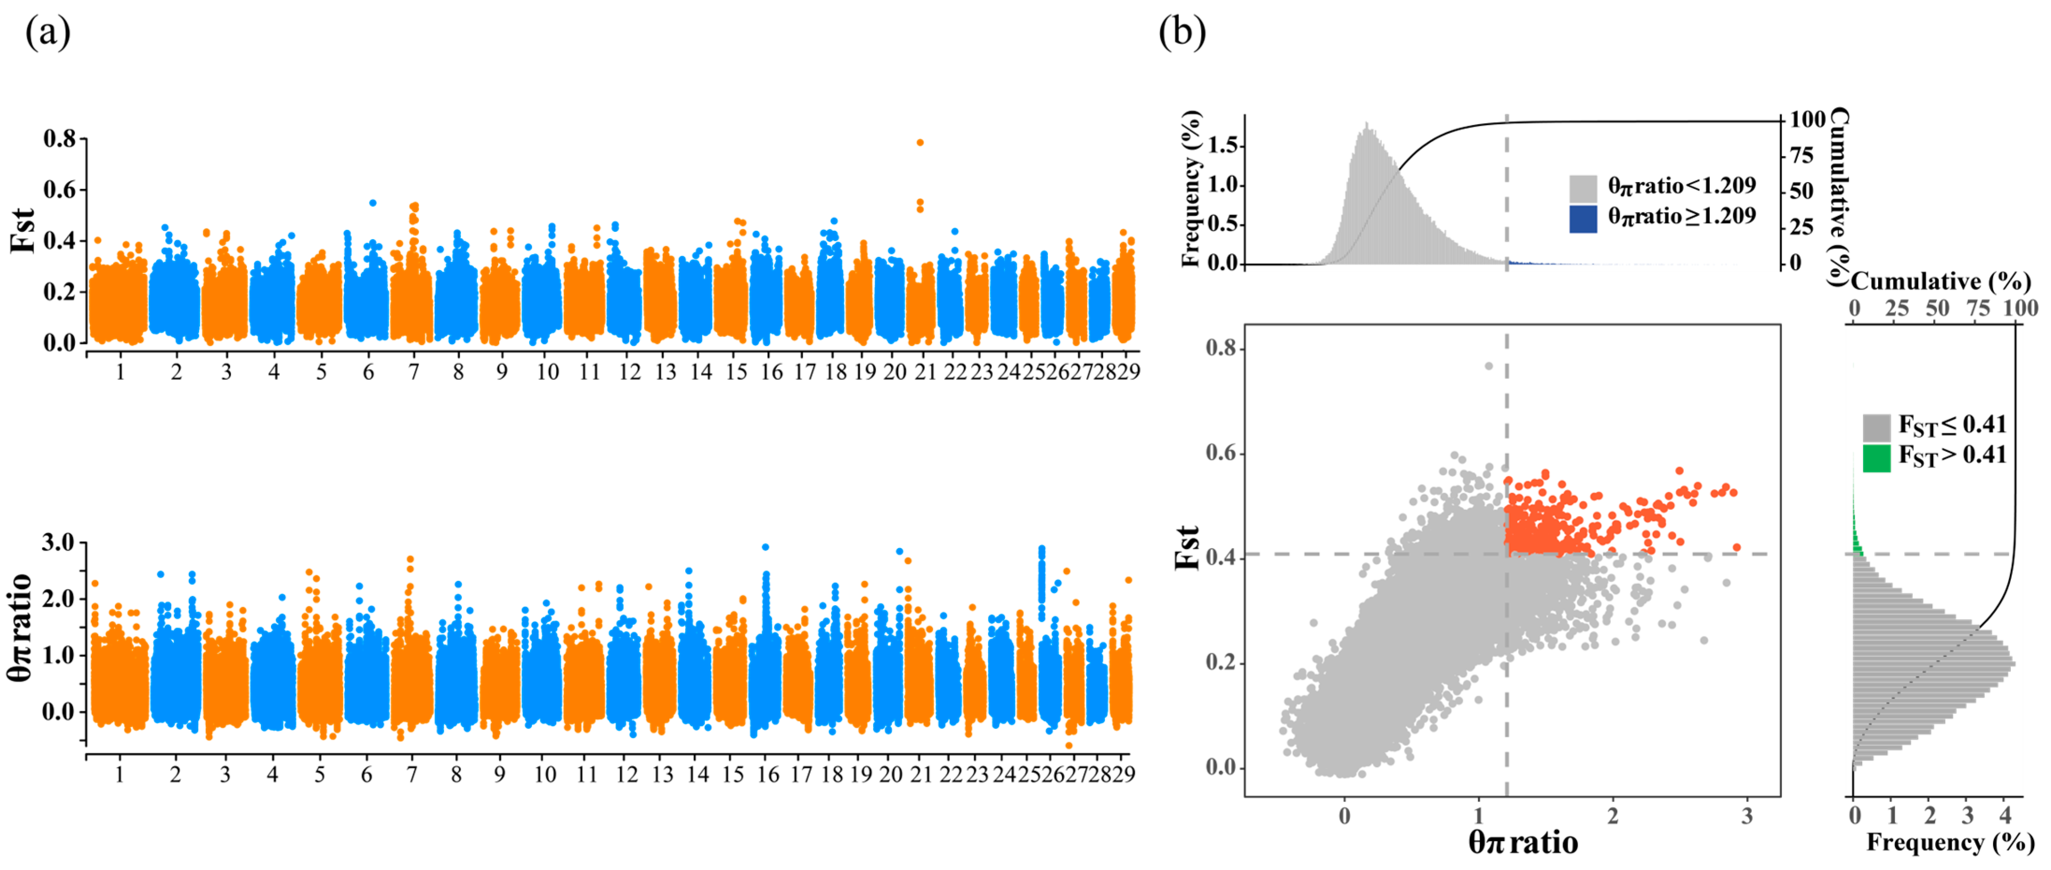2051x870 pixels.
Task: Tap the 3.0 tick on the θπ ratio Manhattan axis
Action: [x=58, y=543]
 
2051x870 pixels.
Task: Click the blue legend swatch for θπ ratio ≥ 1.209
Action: [x=1583, y=219]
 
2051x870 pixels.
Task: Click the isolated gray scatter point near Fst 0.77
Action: [x=1488, y=366]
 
